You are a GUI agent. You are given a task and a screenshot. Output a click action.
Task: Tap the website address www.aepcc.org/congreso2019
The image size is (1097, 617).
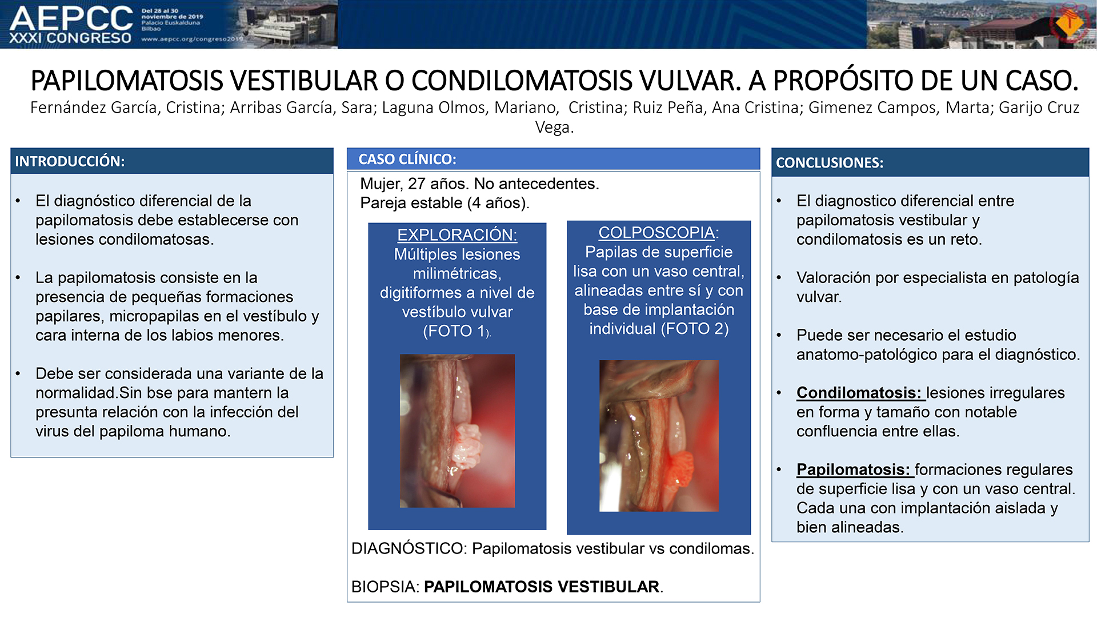coord(192,39)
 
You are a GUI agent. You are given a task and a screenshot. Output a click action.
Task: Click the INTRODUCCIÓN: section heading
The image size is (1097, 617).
coord(70,161)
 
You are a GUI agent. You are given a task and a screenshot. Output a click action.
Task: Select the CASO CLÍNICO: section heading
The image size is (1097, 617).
coord(407,159)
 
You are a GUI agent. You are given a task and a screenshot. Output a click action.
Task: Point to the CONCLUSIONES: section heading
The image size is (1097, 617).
coord(830,162)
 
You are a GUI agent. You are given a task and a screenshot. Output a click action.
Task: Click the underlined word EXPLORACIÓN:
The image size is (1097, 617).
coord(457,234)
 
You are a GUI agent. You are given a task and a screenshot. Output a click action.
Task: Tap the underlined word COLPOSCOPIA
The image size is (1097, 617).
coord(656,232)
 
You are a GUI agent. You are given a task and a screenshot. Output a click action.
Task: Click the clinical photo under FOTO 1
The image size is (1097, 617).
coord(457,431)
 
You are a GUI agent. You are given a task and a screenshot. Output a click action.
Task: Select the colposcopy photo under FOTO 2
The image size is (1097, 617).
coord(659,436)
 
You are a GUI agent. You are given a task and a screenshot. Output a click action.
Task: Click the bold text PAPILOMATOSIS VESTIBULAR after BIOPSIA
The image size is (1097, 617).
coord(542,587)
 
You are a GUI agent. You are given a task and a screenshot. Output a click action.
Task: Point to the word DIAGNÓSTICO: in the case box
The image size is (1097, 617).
coord(409,548)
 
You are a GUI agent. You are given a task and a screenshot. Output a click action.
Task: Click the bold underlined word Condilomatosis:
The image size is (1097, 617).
coord(859,393)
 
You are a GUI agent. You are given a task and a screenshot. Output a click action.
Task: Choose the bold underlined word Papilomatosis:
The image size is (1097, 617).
coord(853,469)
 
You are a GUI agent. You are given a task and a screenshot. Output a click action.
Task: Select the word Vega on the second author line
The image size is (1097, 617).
coord(554,128)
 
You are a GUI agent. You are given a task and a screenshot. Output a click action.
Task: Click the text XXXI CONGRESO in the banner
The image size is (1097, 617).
coord(70,38)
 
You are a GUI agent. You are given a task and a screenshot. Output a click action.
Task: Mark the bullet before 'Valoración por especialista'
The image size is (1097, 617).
coord(779,278)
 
